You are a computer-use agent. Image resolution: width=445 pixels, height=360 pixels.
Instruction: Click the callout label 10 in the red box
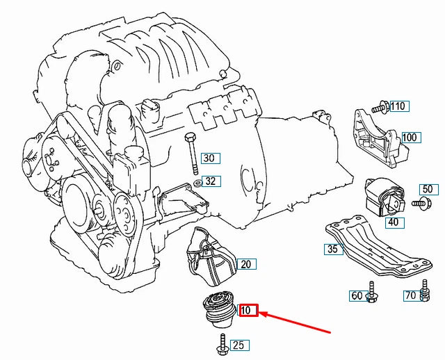[248, 310]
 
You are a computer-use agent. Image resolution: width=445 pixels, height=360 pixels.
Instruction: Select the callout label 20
[246, 264]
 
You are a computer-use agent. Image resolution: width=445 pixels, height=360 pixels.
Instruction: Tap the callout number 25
[238, 345]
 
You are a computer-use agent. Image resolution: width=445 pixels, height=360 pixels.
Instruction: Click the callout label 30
[209, 158]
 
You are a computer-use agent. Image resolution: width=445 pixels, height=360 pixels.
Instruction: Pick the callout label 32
[211, 182]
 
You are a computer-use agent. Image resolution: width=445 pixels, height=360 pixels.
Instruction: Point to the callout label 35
[332, 249]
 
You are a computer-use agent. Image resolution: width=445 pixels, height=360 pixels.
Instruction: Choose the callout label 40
[393, 222]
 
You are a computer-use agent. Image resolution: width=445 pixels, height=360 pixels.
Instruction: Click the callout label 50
[427, 189]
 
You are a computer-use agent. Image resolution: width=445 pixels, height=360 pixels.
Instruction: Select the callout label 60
[357, 297]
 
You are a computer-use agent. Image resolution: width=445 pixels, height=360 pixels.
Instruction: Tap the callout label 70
[410, 297]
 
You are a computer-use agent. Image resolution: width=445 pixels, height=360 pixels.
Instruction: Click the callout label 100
[410, 138]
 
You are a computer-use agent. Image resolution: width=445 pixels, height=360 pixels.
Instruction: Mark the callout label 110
[398, 106]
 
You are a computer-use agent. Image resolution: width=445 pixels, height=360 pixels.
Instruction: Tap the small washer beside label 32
[197, 183]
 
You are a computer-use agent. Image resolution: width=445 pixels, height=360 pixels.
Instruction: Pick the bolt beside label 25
[221, 344]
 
